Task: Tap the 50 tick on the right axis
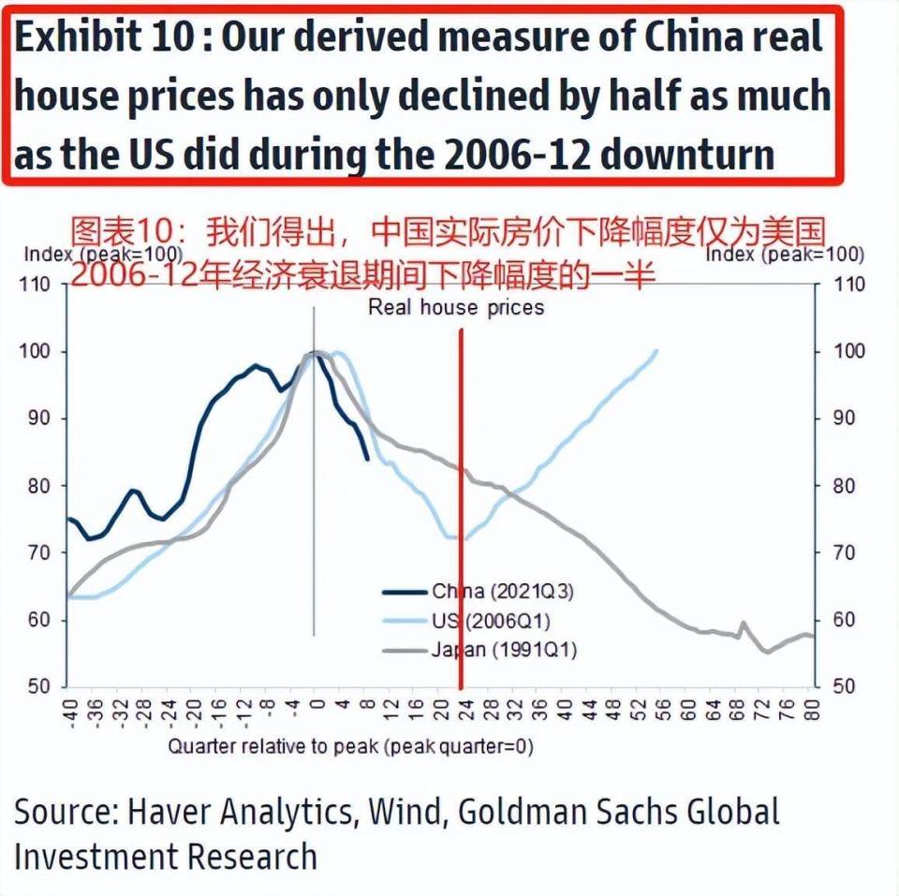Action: click(844, 687)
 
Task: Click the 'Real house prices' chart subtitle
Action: click(455, 307)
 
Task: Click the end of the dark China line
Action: click(367, 459)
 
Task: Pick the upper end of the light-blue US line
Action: click(656, 351)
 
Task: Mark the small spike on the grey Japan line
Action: click(744, 623)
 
